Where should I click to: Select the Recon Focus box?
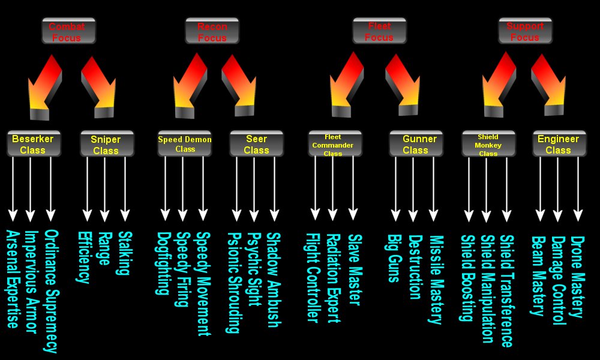tap(211, 31)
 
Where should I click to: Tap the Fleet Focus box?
tap(379, 31)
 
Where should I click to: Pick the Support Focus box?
tap(525, 31)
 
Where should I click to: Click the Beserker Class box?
tap(32, 144)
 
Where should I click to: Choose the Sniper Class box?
tap(106, 145)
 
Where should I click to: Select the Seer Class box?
tap(256, 145)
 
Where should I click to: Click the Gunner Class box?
tap(415, 145)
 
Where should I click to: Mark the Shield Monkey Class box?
tap(488, 145)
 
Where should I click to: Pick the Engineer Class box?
tap(558, 144)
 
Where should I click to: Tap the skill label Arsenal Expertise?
tap(13, 279)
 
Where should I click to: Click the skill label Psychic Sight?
tap(254, 270)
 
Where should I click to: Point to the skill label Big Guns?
tap(394, 257)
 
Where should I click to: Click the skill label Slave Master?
tap(354, 269)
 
